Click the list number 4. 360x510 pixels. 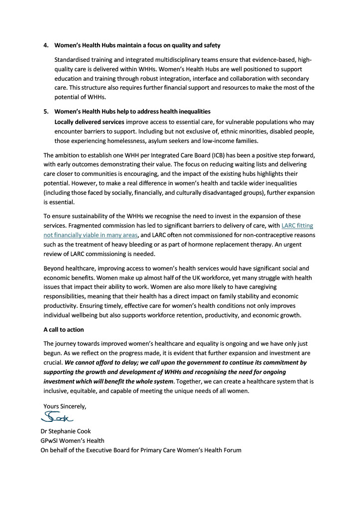(45, 45)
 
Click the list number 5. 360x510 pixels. (45, 112)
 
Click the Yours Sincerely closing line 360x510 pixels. (65, 406)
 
